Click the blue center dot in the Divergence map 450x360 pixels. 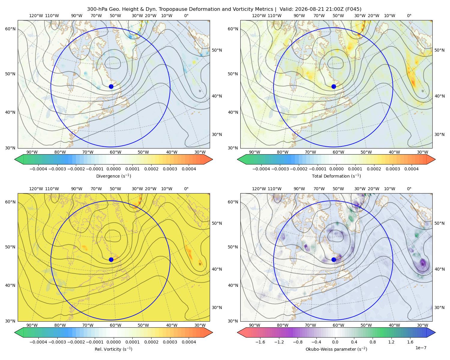[111, 86]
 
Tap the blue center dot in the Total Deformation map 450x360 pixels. [334, 86]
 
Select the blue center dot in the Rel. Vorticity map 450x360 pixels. [111, 259]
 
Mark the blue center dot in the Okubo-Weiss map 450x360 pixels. [334, 259]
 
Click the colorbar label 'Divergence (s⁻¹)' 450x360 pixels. [113, 176]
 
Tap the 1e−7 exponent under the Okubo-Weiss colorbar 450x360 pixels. [421, 348]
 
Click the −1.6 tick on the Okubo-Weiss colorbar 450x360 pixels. [260, 342]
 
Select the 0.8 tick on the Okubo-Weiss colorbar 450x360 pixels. [373, 342]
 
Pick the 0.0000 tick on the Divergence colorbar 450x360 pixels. [113, 169]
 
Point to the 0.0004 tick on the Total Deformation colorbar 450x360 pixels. [411, 169]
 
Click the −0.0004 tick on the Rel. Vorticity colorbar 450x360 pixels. [38, 342]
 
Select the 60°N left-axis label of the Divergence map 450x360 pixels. [10, 29]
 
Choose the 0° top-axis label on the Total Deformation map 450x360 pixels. [409, 16]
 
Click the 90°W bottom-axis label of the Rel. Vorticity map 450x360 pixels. [32, 325]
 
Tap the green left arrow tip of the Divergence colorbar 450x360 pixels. [15, 159]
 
